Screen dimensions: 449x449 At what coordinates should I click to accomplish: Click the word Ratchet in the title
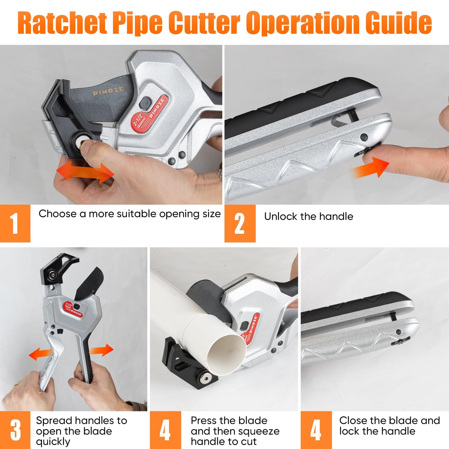[62, 23]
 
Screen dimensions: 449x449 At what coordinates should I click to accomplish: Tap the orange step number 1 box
[15, 223]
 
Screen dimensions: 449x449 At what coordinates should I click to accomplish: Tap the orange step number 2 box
[240, 223]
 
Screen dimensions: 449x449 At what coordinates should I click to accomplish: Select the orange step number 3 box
[15, 430]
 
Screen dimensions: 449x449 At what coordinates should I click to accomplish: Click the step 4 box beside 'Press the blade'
[165, 430]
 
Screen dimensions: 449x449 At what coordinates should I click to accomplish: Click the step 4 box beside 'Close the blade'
[316, 430]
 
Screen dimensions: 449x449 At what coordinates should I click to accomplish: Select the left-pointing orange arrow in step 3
[40, 354]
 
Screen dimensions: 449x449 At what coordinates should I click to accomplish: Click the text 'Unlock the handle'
[308, 216]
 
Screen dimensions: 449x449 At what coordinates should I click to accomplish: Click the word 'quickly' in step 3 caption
[53, 442]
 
